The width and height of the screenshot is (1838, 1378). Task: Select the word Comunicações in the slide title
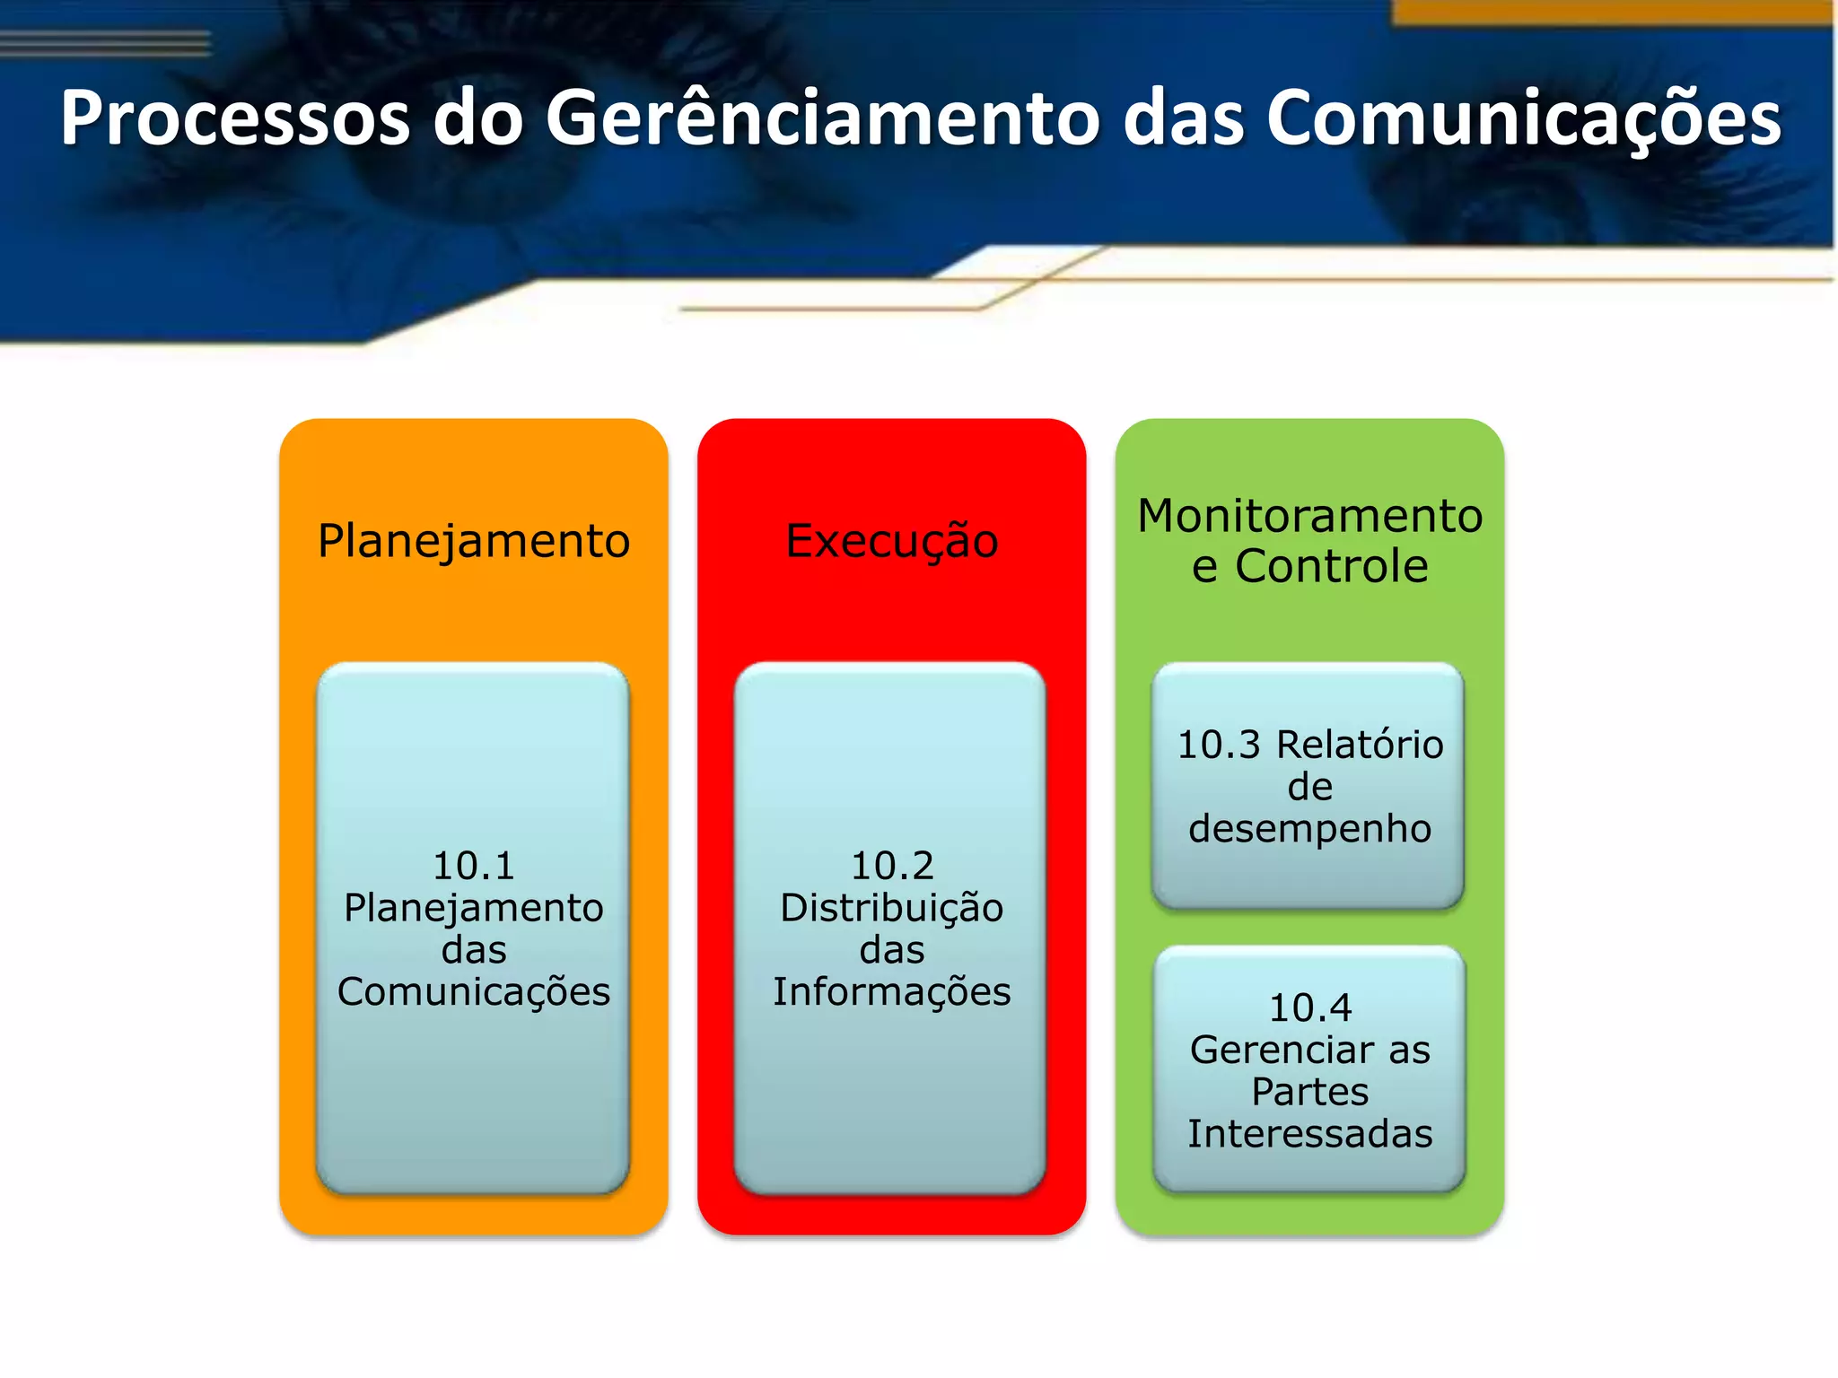point(1523,118)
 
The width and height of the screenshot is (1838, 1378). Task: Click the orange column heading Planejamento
point(474,542)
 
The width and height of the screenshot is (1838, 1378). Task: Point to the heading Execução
point(891,542)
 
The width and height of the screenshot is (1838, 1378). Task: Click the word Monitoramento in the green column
point(1309,517)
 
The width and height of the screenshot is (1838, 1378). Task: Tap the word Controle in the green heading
point(1331,567)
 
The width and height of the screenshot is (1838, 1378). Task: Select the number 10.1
point(474,867)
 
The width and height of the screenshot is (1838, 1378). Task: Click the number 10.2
point(892,867)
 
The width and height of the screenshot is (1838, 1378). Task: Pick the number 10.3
point(1219,746)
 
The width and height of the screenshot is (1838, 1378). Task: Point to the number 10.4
point(1310,1008)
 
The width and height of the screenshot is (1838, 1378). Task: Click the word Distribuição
point(891,908)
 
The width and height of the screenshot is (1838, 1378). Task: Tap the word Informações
point(891,992)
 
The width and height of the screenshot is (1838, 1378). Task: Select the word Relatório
point(1360,746)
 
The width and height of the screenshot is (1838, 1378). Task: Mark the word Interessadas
point(1309,1134)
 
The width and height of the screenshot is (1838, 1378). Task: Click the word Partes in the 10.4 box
point(1309,1093)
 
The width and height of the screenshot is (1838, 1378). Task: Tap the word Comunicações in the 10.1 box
point(474,992)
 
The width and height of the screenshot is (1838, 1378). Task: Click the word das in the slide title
point(1183,118)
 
